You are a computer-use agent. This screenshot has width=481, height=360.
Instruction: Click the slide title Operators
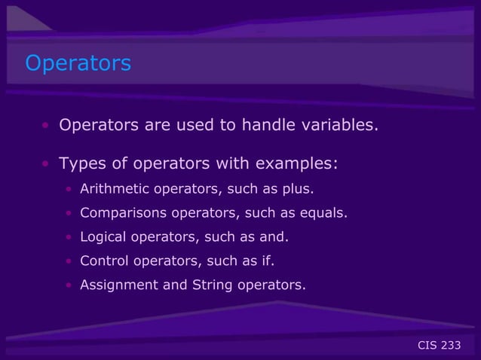78,63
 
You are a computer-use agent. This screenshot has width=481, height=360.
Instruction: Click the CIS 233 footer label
439,345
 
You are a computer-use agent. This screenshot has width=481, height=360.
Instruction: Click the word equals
327,212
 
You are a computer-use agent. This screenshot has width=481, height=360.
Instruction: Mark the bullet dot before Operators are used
47,125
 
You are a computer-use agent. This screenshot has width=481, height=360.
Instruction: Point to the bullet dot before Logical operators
69,237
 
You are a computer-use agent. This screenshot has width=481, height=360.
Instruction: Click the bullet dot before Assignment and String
69,285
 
